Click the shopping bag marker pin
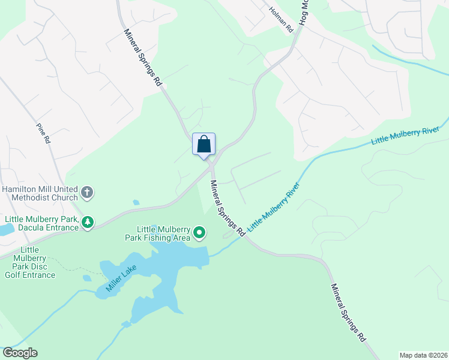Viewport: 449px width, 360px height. (204, 145)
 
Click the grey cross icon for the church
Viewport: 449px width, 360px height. (88, 193)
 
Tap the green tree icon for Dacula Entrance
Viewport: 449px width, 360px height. (88, 223)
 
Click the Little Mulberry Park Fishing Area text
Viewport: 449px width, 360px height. (163, 233)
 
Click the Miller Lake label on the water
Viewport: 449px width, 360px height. (122, 277)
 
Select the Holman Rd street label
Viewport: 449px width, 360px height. (281, 19)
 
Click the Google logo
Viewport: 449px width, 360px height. (20, 353)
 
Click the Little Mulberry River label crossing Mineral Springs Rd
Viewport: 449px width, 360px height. (274, 209)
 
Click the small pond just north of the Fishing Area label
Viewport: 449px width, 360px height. (136, 202)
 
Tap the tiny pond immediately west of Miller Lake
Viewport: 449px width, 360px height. (88, 278)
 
